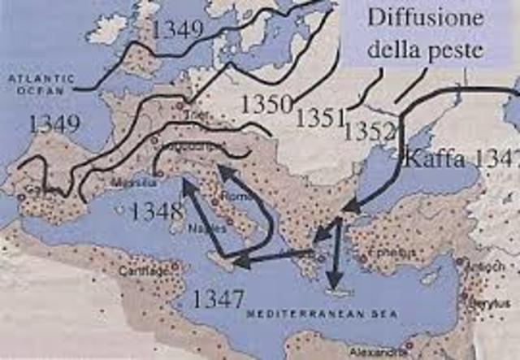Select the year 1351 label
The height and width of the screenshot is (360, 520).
[320, 118]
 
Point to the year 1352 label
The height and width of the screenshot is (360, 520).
[370, 130]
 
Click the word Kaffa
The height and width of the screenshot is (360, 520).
[432, 158]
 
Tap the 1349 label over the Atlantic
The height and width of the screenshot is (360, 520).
[54, 124]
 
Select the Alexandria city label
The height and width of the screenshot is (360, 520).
[375, 353]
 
